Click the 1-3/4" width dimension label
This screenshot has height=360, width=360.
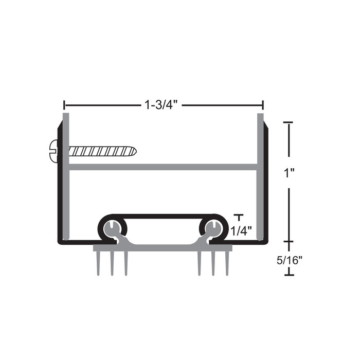pos(161,105)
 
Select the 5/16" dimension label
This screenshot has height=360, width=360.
pos(289,260)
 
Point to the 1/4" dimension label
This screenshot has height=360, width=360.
pos(241,231)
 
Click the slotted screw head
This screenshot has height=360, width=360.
pos(53,151)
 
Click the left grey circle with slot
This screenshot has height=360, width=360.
pos(112,228)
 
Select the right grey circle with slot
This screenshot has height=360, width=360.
pos(214,228)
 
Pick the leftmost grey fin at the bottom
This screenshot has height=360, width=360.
pos(98,263)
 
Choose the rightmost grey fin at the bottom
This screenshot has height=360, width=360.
pos(227,263)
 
